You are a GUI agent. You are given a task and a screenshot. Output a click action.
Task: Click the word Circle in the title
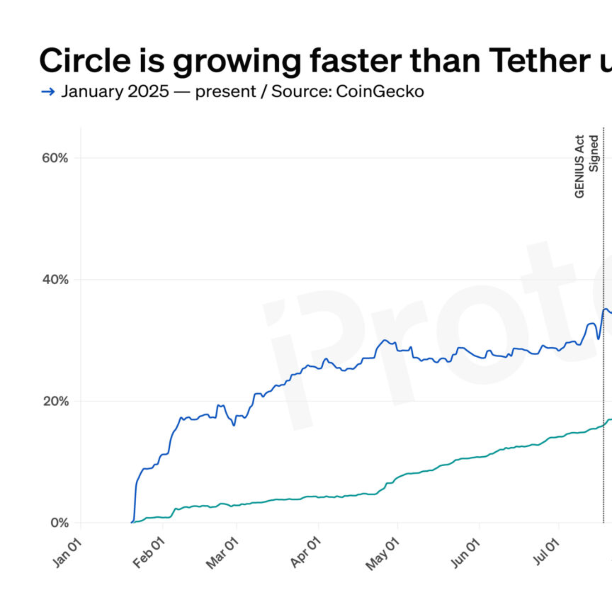click(85, 60)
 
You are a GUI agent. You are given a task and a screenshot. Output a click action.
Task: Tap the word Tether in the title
click(540, 60)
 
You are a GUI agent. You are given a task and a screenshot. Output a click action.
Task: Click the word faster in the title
click(355, 60)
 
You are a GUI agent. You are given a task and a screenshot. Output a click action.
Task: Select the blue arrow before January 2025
click(48, 92)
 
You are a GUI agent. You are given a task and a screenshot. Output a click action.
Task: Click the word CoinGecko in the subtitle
click(380, 92)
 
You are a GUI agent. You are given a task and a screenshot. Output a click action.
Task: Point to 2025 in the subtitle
click(148, 92)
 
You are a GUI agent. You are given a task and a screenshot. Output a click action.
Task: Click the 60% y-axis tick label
click(55, 158)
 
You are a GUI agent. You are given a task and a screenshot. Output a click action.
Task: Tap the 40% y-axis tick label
click(55, 280)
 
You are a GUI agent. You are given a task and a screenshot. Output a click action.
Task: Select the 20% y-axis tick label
click(55, 401)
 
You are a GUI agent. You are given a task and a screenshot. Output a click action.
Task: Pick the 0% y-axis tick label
click(59, 522)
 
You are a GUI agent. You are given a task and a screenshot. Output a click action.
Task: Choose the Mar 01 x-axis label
click(222, 553)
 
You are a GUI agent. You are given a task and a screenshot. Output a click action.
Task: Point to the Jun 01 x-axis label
click(465, 553)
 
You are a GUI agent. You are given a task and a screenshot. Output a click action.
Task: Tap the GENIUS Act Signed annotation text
click(586, 166)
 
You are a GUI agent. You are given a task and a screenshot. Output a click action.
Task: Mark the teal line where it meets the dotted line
click(604, 425)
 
